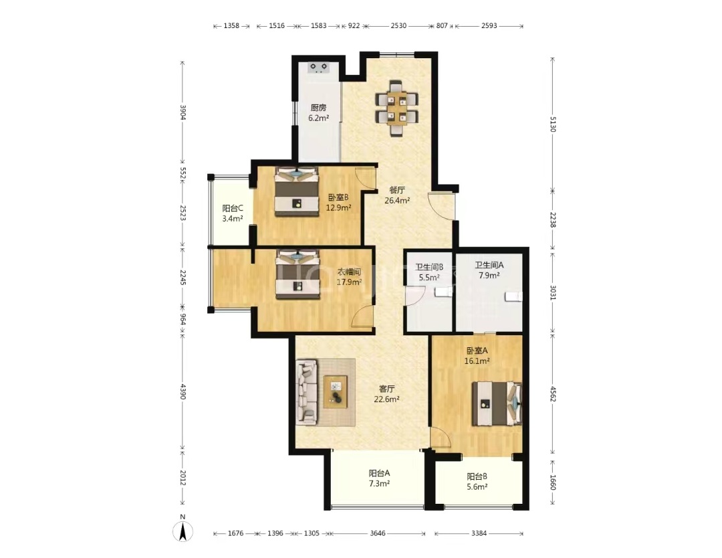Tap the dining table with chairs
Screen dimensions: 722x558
tap(396, 108)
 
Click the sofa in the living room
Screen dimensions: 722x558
tap(307, 391)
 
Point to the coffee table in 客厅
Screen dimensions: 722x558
tap(336, 391)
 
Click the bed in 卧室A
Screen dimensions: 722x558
tap(497, 403)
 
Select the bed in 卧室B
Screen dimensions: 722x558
tap(297, 191)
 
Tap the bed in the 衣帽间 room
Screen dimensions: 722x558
tap(297, 274)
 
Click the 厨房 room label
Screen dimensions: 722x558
tap(318, 108)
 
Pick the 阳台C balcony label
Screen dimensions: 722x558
tap(233, 208)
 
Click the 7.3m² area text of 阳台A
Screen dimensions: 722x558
tap(380, 483)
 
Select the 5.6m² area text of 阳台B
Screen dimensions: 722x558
tap(477, 486)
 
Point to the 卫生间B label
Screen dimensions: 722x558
tap(429, 267)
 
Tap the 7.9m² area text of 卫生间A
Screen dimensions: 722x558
tap(489, 276)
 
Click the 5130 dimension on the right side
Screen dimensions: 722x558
tap(553, 124)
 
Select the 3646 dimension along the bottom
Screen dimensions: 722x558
tap(378, 533)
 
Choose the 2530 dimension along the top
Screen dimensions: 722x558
tap(398, 26)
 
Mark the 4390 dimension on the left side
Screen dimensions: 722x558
tap(183, 391)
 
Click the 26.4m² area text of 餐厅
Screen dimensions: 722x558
tap(397, 201)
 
